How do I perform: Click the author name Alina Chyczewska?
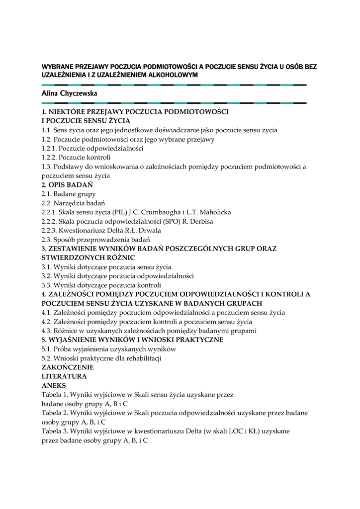[x=69, y=93]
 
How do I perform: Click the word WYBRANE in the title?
[x=57, y=67]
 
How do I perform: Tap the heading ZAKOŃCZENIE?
[x=68, y=367]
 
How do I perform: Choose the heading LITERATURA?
[x=61, y=376]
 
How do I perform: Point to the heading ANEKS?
[x=54, y=385]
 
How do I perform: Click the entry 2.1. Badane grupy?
[x=69, y=194]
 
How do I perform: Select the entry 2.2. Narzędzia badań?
[x=73, y=203]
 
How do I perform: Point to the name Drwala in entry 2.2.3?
[x=136, y=230]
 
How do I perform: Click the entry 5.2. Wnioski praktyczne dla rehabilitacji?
[x=101, y=358]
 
